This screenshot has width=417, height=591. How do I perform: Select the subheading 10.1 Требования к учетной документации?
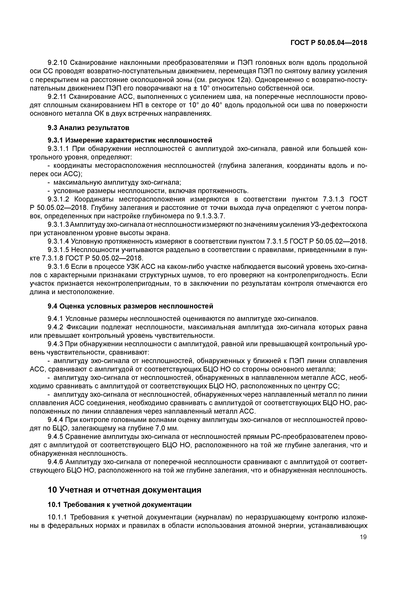click(120, 505)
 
